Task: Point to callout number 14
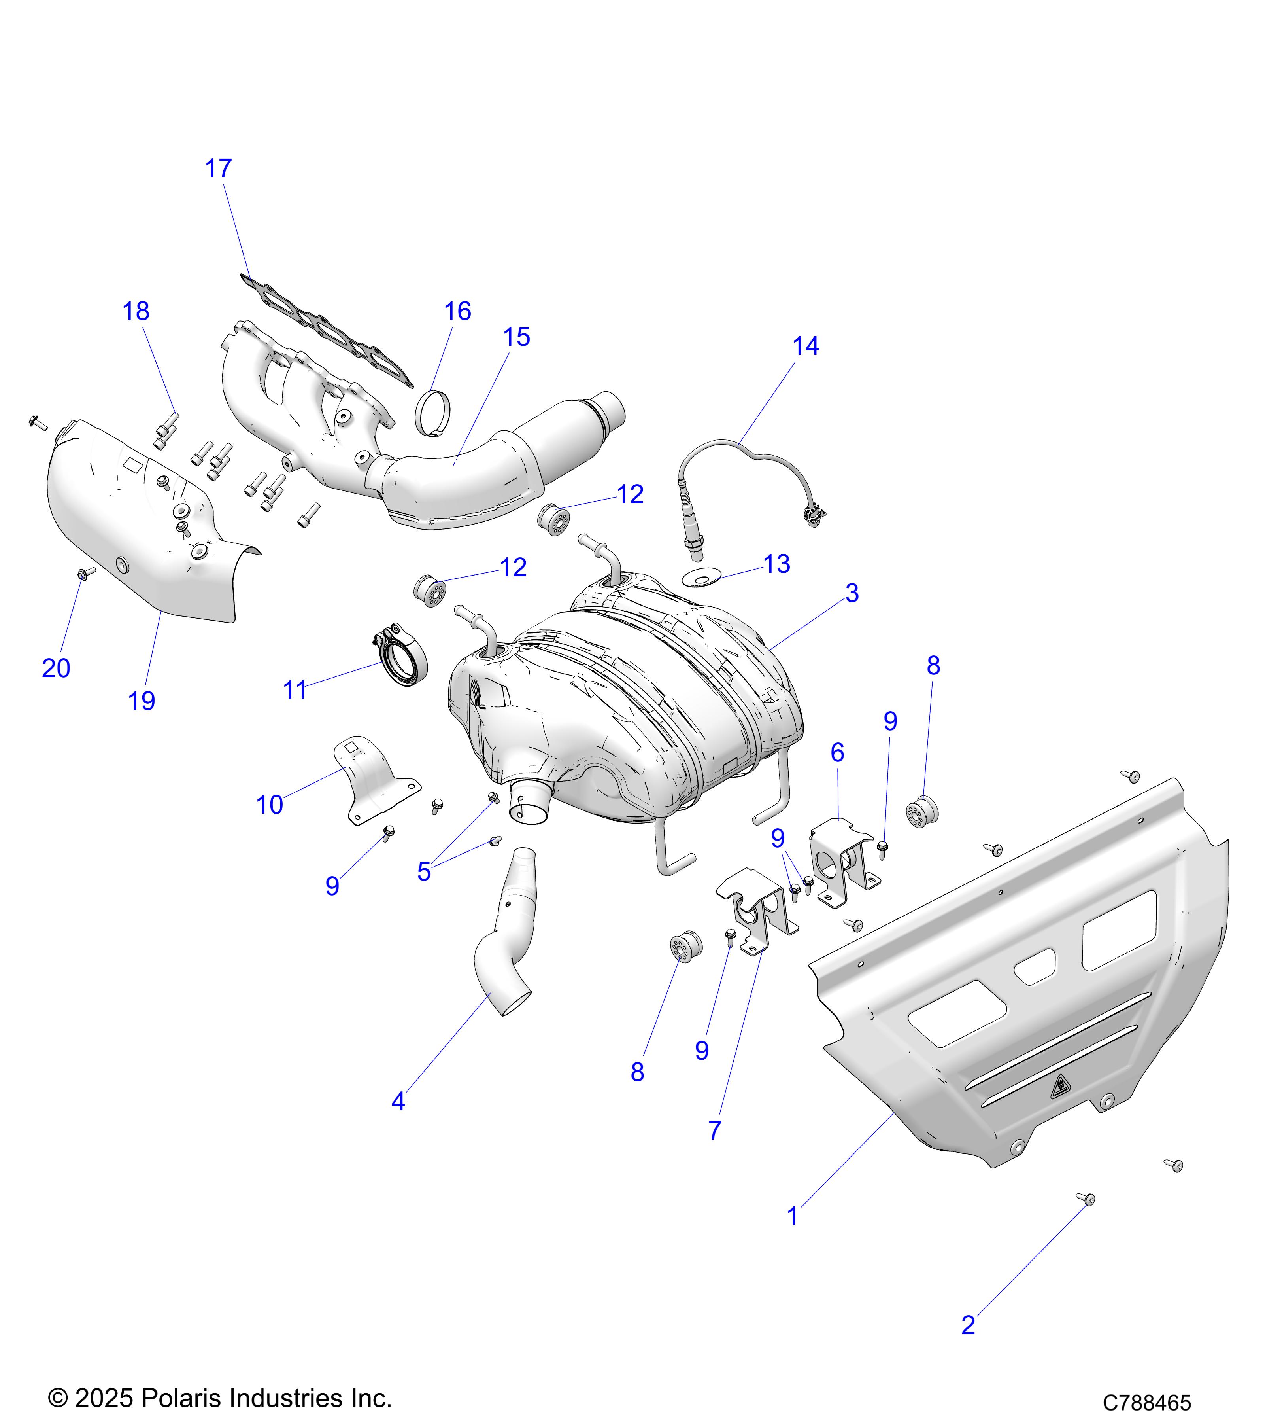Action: pyautogui.click(x=806, y=346)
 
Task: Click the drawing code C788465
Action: pyautogui.click(x=1147, y=1402)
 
